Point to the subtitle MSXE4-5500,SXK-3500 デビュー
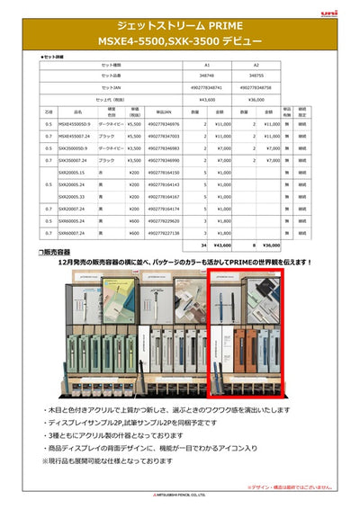point(180,41)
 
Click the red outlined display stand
point(245,342)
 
